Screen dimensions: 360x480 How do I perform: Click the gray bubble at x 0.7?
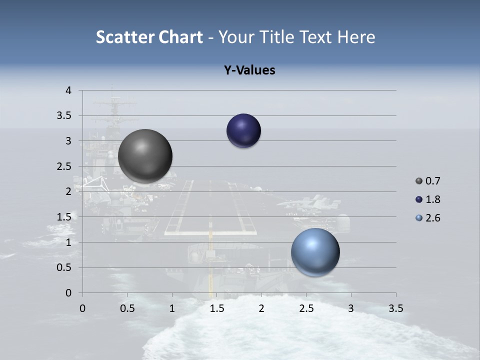tap(145, 156)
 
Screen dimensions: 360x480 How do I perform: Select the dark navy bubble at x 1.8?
tap(243, 131)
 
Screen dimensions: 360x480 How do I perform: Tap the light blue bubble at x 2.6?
tap(315, 252)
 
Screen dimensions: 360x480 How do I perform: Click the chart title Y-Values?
tap(249, 70)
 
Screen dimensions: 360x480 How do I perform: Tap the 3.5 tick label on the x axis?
tap(396, 308)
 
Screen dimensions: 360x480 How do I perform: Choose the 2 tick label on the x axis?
tap(261, 308)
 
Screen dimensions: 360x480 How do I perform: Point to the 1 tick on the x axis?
tap(172, 308)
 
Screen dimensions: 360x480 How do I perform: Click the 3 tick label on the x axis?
tap(351, 308)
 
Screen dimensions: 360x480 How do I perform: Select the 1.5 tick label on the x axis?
tap(217, 308)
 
